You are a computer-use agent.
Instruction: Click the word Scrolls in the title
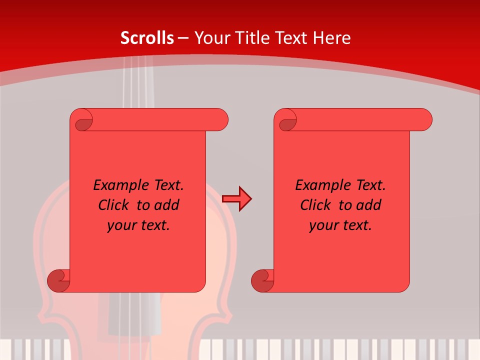point(147,38)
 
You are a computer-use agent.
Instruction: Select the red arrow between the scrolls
point(236,199)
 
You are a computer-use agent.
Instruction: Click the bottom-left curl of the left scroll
point(58,280)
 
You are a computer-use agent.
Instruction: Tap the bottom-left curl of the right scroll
point(262,280)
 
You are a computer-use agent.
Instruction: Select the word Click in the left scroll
point(109,205)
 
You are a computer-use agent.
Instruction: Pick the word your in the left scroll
point(118,226)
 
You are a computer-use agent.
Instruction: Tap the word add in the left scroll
point(167,205)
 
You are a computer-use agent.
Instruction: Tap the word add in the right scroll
point(369,205)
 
